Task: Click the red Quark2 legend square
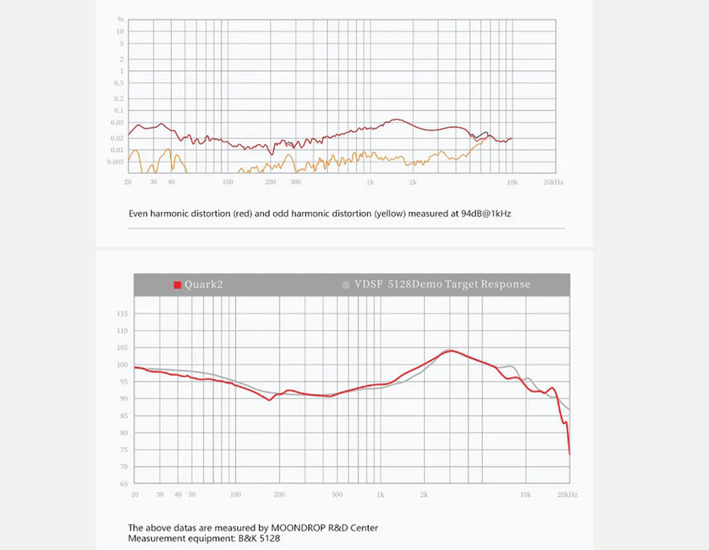(x=177, y=284)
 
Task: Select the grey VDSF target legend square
(x=345, y=284)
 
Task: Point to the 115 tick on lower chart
(x=121, y=314)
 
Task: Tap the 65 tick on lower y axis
(x=122, y=484)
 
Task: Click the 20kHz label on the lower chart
(x=567, y=495)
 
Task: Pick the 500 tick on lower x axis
(x=337, y=495)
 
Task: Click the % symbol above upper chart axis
(x=121, y=19)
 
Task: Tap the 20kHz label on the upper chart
(x=552, y=182)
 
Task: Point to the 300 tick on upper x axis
(x=296, y=182)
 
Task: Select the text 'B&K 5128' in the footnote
(x=258, y=538)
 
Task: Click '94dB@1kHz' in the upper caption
(x=486, y=214)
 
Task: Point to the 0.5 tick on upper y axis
(x=120, y=85)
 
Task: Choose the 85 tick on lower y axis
(x=122, y=416)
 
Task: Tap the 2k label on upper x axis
(x=413, y=182)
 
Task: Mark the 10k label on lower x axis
(x=525, y=495)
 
